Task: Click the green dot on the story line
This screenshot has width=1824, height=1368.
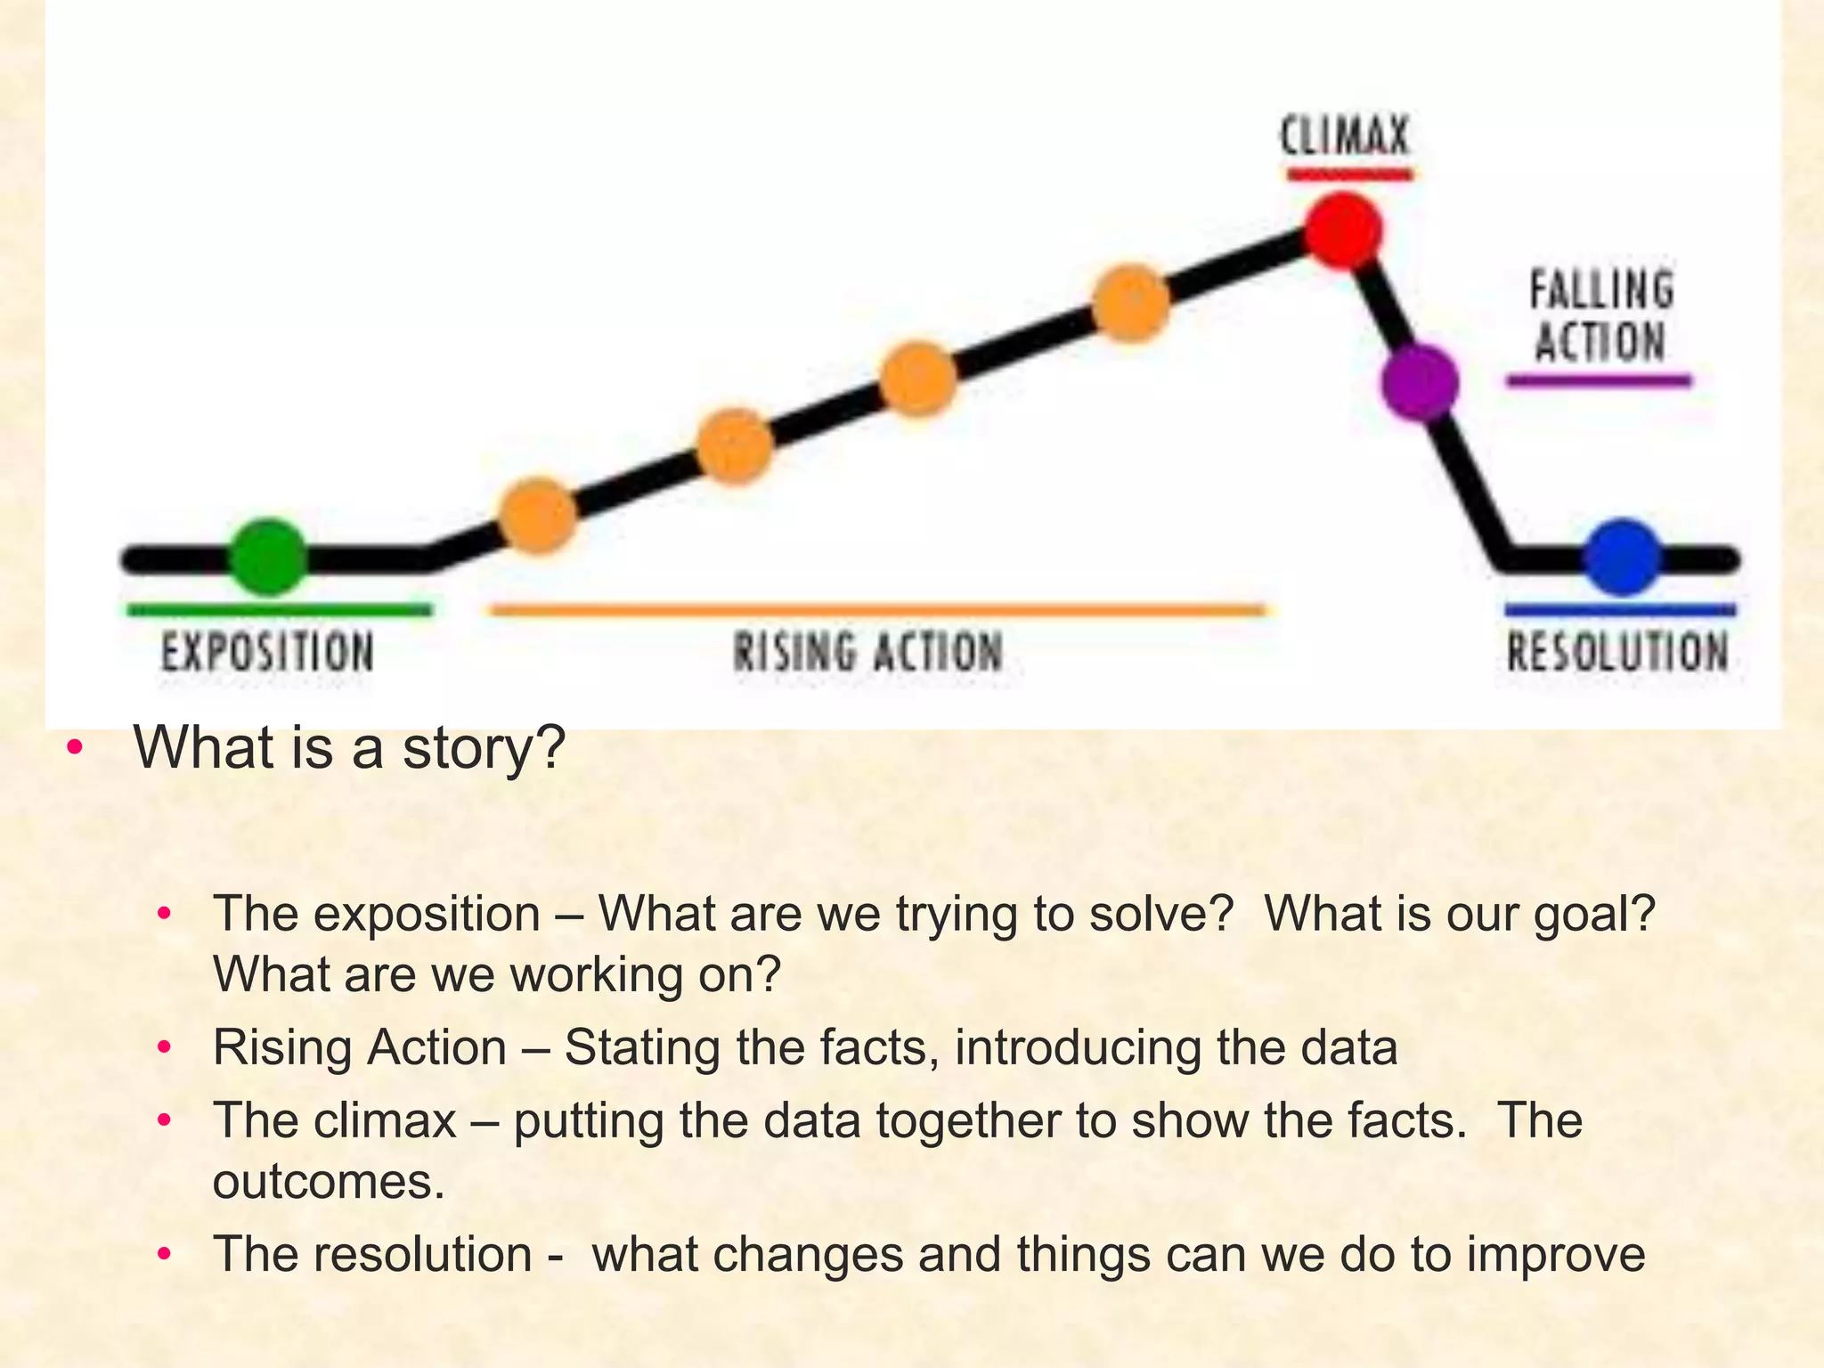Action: [x=268, y=557]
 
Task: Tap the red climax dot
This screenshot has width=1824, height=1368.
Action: [x=1343, y=231]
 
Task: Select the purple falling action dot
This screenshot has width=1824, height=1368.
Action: [x=1420, y=383]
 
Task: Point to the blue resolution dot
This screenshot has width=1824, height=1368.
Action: [x=1623, y=558]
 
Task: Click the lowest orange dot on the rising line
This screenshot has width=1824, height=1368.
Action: [x=538, y=516]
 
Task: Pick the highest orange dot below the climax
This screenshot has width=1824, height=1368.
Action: [x=1130, y=304]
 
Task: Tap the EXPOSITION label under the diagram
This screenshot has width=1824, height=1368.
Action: [x=267, y=651]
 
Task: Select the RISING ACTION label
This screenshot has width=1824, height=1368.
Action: [x=868, y=651]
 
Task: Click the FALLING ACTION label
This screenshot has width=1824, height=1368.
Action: [x=1600, y=317]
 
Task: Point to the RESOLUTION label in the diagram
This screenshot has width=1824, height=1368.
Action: [x=1617, y=651]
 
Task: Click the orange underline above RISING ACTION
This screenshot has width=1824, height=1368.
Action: [x=877, y=610]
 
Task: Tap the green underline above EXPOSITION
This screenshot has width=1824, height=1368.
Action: [x=279, y=610]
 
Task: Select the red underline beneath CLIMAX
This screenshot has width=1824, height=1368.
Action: [x=1349, y=175]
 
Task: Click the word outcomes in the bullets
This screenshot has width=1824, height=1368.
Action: [x=328, y=1183]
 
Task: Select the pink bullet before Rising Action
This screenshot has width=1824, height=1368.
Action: [x=163, y=1047]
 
